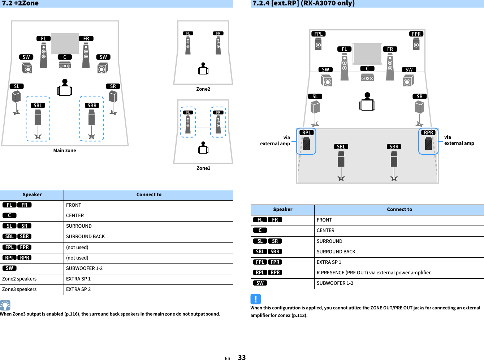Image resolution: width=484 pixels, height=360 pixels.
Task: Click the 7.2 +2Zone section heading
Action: point(20,4)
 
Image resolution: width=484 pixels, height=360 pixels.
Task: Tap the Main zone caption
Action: point(65,151)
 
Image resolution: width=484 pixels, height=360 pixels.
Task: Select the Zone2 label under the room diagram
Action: point(203,89)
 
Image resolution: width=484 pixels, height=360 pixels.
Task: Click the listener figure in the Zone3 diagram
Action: point(203,148)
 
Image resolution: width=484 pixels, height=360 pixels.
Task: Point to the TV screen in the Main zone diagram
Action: point(65,43)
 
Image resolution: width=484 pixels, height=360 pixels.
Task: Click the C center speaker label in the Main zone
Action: point(65,57)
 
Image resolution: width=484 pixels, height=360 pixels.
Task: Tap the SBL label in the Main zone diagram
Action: point(38,106)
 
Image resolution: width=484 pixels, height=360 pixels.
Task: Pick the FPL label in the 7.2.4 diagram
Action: point(318,34)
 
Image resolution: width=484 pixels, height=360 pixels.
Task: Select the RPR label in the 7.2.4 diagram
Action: point(428,133)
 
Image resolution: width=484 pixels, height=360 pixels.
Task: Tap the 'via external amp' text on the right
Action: point(459,140)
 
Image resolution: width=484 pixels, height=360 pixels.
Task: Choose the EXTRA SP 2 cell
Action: point(78,289)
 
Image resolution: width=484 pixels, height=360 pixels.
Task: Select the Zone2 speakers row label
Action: point(20,279)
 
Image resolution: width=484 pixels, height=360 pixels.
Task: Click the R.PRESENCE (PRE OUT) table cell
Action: point(373,273)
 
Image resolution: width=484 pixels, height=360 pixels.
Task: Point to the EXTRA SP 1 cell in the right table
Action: point(329,262)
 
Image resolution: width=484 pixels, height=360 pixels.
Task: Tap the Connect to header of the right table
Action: point(399,210)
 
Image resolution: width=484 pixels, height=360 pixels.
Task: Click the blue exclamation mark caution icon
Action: point(255,299)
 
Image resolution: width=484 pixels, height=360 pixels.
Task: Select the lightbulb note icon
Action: point(5,305)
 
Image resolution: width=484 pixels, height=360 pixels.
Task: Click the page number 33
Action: point(242,357)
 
